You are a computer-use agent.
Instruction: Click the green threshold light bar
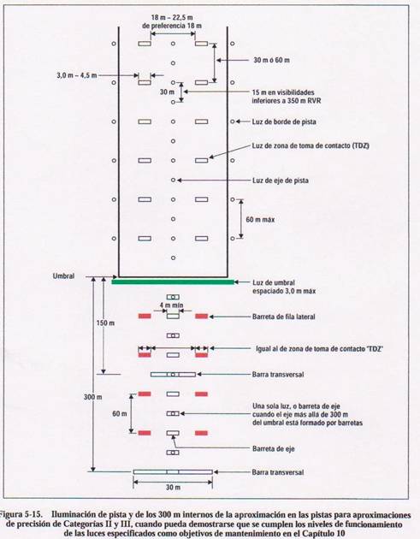point(173,282)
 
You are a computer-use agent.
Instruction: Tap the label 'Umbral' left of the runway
point(63,276)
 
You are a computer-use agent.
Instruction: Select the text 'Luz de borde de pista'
point(284,121)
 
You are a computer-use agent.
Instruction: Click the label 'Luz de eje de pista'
point(281,181)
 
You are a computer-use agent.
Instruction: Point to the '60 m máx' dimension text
point(260,219)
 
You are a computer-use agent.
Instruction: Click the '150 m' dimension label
point(105,323)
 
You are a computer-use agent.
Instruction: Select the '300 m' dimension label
point(92,397)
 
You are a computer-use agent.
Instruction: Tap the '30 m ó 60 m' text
point(271,60)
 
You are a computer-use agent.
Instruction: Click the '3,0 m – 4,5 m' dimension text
point(77,75)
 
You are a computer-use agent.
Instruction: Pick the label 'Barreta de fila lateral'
point(283,317)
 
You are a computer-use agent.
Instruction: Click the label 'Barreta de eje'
point(274,448)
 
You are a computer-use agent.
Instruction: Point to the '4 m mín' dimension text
point(171,305)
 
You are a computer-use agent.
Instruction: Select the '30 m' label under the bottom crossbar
point(173,488)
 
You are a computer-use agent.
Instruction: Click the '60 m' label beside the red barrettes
point(120,413)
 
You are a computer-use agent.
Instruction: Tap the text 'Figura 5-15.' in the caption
point(21,514)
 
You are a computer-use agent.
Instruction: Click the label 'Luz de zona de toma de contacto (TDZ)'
point(311,145)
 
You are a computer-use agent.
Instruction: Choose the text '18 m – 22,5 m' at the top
point(169,17)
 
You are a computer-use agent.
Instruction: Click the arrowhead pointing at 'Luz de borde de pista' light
point(238,121)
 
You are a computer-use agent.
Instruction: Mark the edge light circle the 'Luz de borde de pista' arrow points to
point(233,121)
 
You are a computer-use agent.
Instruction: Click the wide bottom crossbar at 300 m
point(173,472)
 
